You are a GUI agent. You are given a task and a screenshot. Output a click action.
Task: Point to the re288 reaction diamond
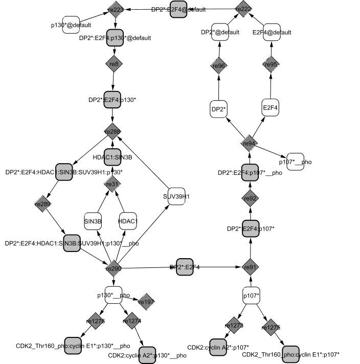click(112, 132)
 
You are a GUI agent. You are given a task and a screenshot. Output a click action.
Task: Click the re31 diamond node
click(112, 184)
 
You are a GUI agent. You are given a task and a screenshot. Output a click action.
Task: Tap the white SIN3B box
click(93, 220)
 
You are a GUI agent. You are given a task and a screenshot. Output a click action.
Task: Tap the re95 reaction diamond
click(271, 64)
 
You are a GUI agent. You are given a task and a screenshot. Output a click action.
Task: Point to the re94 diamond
click(249, 144)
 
